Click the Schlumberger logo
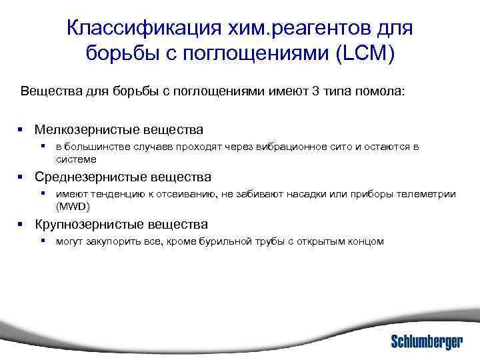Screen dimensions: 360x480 click(x=426, y=341)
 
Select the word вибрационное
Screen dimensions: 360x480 click(x=266, y=147)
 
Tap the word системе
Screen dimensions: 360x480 click(x=76, y=159)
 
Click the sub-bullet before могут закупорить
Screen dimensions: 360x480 click(x=42, y=241)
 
